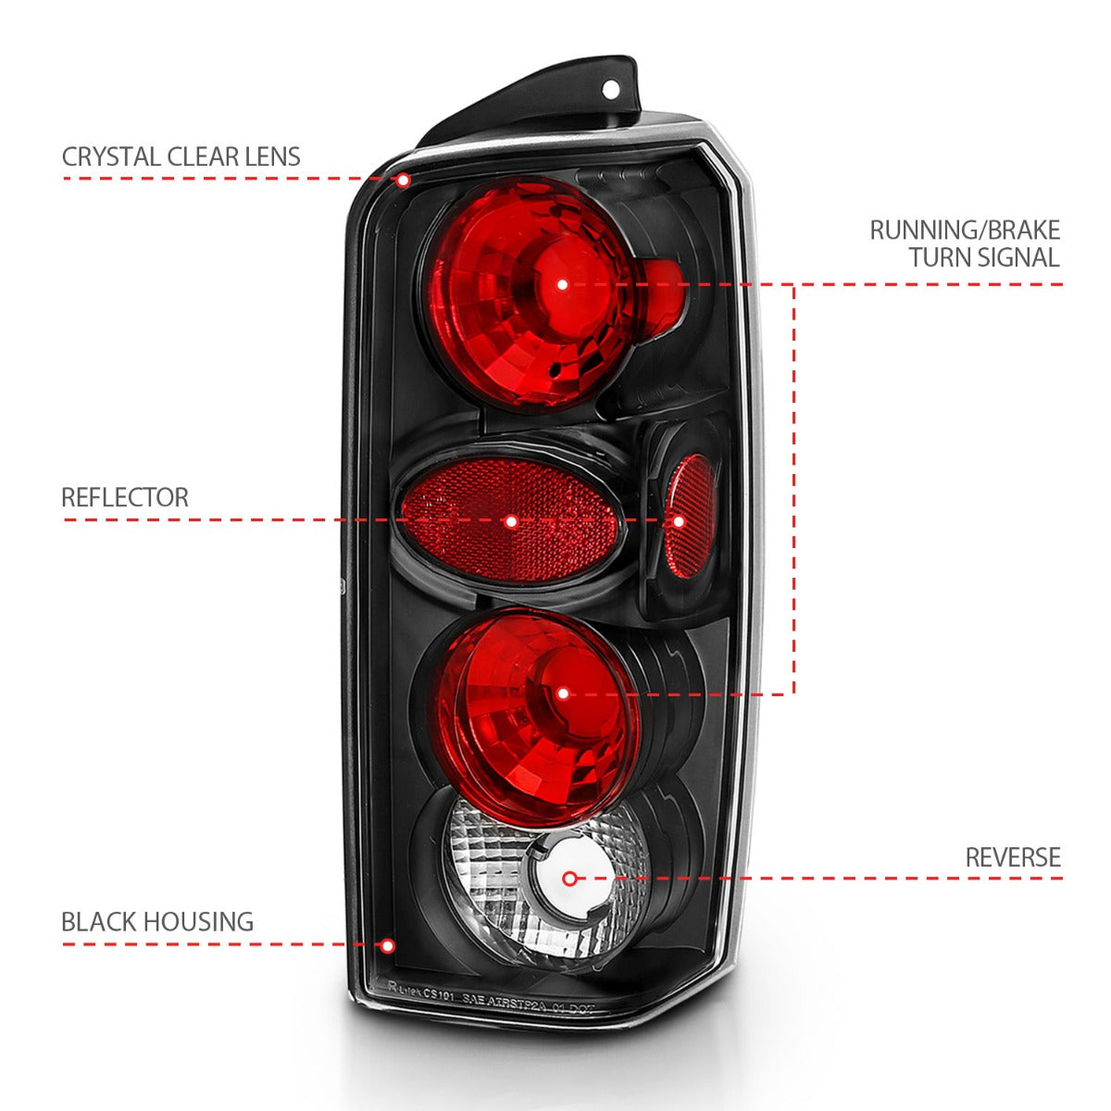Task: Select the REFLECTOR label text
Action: [124, 497]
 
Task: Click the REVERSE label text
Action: [1012, 857]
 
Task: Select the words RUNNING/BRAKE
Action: [964, 230]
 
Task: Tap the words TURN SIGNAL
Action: [983, 257]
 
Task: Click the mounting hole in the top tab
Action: [612, 90]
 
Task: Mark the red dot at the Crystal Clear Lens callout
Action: [403, 179]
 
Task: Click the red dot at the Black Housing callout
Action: [387, 945]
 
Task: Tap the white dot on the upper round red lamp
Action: [563, 284]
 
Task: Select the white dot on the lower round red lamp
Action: [563, 693]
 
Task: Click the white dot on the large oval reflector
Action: [511, 522]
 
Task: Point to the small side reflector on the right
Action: [690, 517]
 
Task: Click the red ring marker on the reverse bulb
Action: [570, 878]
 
